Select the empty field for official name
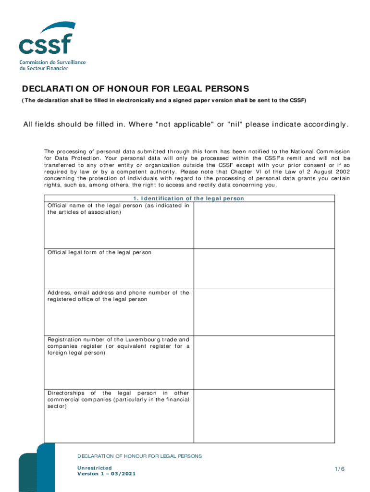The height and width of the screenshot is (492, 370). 264,225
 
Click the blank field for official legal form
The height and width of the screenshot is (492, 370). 264,269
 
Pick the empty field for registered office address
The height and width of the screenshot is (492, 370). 264,312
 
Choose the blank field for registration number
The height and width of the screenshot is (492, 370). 264,362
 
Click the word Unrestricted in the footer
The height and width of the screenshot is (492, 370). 95,467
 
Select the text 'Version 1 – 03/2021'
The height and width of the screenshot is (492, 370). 107,474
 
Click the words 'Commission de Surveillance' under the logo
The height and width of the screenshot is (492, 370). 53,62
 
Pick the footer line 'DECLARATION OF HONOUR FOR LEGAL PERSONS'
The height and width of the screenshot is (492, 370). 140,456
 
